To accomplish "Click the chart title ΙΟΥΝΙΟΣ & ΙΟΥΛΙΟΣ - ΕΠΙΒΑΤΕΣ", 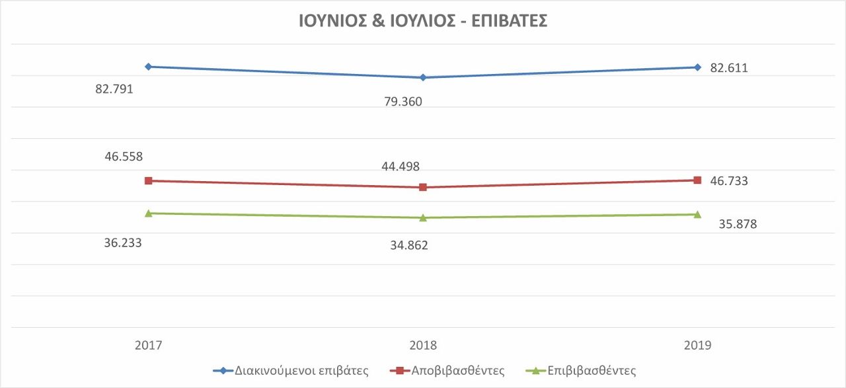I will (x=423, y=21).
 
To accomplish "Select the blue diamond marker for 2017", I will (x=149, y=66).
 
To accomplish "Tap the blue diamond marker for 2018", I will (x=423, y=77).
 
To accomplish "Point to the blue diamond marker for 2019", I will (x=697, y=67).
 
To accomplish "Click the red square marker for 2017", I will (x=149, y=180).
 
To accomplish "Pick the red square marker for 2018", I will (x=423, y=187).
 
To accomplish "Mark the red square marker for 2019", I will (x=697, y=180).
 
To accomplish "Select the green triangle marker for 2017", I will (x=149, y=213).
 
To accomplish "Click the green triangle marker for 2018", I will (x=423, y=217).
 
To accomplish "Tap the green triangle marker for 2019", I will (x=697, y=214).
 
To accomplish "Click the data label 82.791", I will (x=114, y=88).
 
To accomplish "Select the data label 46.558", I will (x=124, y=157).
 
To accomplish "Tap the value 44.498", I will (x=401, y=167).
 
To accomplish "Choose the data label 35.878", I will (x=738, y=224).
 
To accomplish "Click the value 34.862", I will (x=408, y=245).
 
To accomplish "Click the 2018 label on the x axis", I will (x=423, y=345).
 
